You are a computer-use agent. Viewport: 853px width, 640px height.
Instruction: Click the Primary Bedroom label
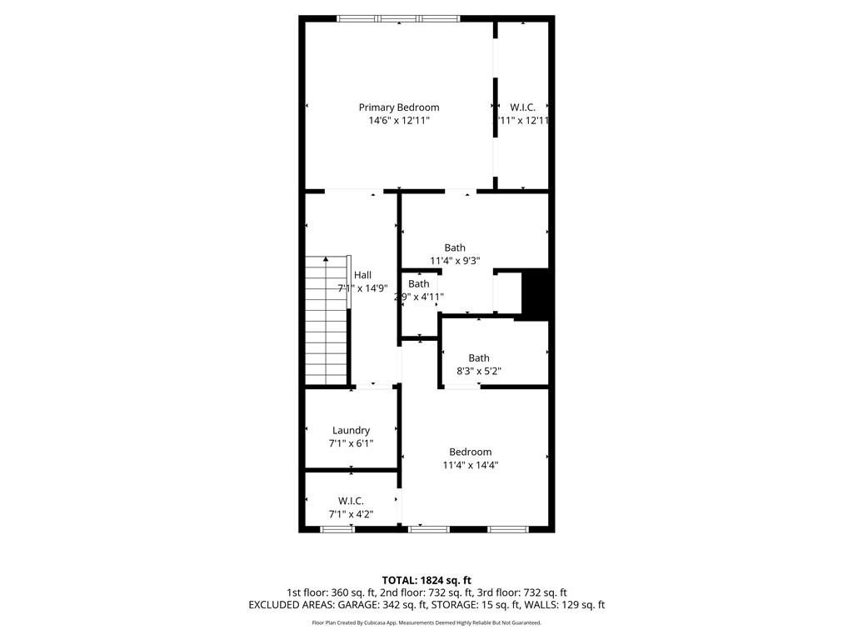[x=398, y=107]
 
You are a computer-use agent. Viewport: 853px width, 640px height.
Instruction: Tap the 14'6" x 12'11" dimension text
[x=398, y=121]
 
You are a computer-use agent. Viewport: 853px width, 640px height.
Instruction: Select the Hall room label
[x=362, y=275]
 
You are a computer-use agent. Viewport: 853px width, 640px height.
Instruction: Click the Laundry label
[x=351, y=431]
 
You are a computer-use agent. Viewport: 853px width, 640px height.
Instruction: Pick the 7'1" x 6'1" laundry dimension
[x=351, y=444]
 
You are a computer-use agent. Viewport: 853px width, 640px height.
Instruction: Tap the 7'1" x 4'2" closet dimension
[x=351, y=514]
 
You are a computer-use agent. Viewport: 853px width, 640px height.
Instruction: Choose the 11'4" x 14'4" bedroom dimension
[x=471, y=466]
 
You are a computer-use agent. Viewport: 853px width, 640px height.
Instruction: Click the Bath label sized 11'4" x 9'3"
[x=455, y=247]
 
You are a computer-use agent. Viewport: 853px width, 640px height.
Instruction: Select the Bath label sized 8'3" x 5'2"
[x=479, y=358]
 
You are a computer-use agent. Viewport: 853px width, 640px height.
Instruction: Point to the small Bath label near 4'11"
[x=419, y=284]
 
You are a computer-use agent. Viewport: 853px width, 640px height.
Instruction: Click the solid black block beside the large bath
[x=534, y=293]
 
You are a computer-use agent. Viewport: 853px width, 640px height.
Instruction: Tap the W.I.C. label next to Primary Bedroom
[x=522, y=107]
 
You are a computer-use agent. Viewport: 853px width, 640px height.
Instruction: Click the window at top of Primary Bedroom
[x=398, y=17]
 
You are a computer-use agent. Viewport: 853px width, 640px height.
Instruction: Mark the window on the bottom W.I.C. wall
[x=337, y=528]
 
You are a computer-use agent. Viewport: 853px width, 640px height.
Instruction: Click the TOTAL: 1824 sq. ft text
[x=426, y=580]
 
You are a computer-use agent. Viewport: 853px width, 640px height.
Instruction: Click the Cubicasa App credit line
[x=426, y=622]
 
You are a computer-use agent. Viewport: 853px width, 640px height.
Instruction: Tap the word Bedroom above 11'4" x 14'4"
[x=471, y=452]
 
